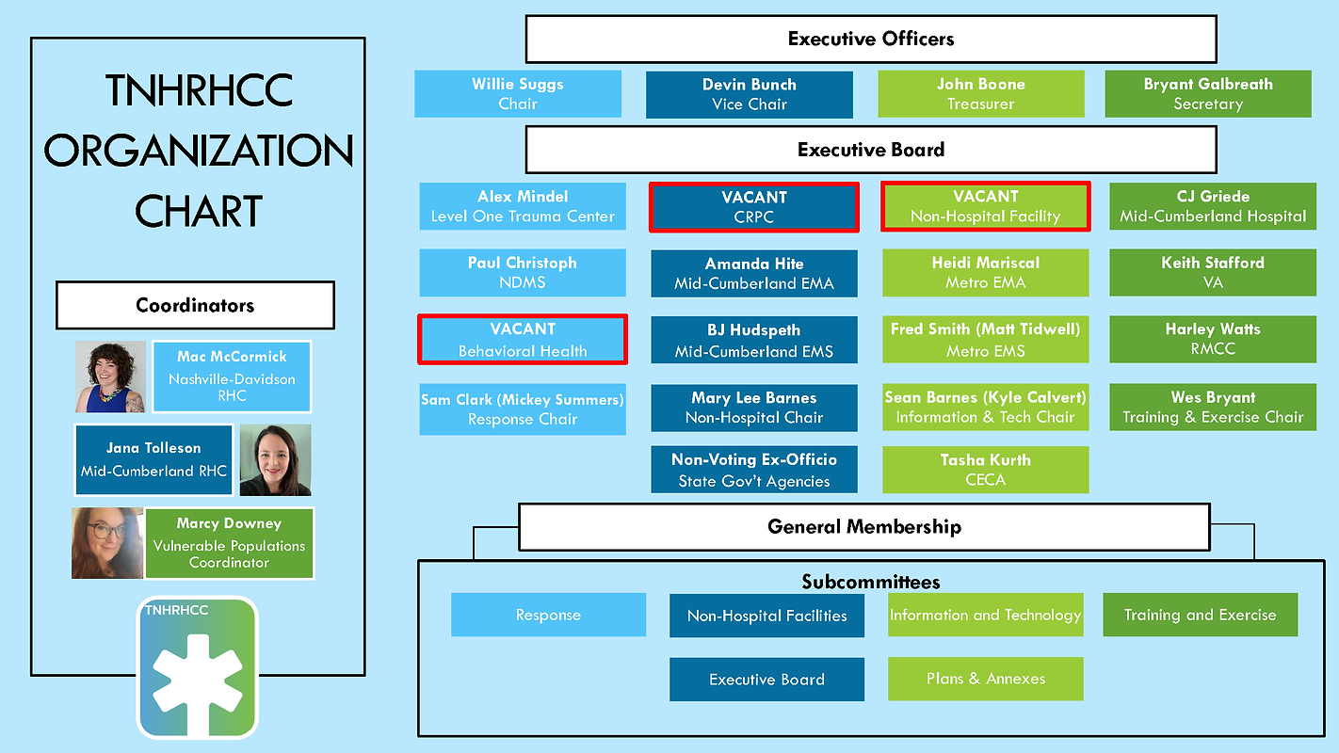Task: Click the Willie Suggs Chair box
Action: coord(518,94)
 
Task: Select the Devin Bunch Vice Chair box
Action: coord(750,94)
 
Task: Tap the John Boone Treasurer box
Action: coord(980,94)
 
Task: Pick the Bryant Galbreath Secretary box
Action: coord(1208,94)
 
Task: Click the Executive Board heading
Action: coord(871,150)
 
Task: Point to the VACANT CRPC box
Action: coord(753,207)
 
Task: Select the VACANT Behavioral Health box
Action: coord(523,340)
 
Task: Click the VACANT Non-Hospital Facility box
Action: coord(985,207)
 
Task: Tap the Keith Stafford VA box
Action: coord(1213,272)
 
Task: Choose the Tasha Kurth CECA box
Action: coord(985,470)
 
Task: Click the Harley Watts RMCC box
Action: coord(1213,340)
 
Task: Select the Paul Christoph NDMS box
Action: coord(523,272)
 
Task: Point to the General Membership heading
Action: coord(864,526)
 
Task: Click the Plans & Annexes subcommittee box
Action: coord(985,679)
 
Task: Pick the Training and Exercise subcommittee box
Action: coord(1200,615)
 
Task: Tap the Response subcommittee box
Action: coord(548,615)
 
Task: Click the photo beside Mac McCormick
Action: coord(111,376)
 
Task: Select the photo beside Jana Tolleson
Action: coord(275,460)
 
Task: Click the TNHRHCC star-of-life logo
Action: coord(197,667)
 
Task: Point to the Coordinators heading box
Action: coord(195,306)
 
